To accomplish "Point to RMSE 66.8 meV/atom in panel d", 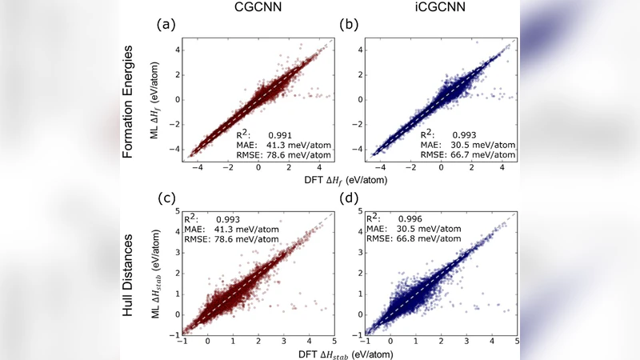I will coord(428,238).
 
